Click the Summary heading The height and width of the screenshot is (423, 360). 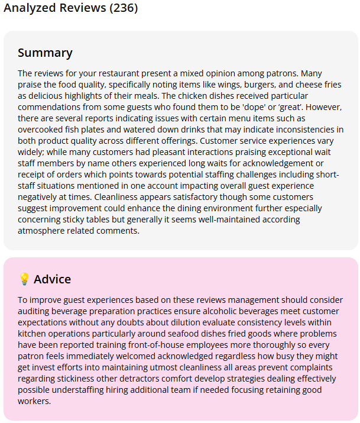tap(45, 53)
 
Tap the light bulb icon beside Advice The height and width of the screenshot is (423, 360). tap(24, 279)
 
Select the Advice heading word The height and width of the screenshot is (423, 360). tap(53, 279)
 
